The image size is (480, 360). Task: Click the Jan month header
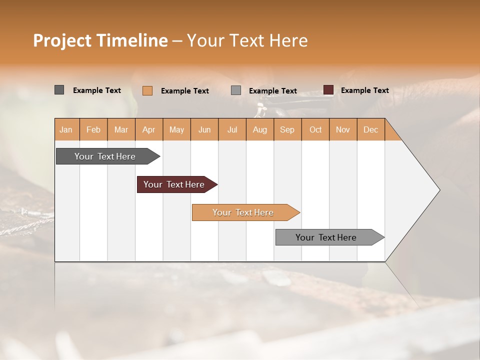point(66,129)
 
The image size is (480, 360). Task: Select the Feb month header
point(93,129)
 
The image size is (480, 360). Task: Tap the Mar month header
point(121,129)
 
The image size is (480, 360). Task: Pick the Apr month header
point(149,129)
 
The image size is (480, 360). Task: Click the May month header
point(176,129)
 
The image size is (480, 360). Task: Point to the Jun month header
point(204,129)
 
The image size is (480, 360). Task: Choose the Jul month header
point(232,129)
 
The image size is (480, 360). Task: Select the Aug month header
point(260,129)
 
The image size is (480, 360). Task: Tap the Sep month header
point(287,129)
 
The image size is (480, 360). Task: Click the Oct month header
point(315,129)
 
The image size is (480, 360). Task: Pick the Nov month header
point(343,129)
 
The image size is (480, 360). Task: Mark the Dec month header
point(370,129)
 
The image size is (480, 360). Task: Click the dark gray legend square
point(59,90)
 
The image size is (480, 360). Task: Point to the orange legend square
point(147,90)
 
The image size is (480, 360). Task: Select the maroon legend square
point(328,90)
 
